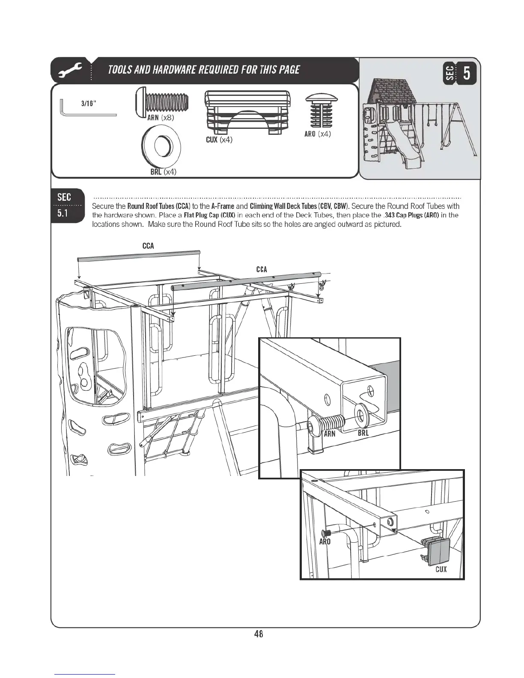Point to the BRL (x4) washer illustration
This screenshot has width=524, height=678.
(x=161, y=147)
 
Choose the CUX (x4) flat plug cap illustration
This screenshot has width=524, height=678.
(x=247, y=113)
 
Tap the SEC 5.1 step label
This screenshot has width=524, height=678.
(x=64, y=205)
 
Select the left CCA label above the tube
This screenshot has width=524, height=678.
(x=148, y=246)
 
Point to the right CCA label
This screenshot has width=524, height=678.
(x=262, y=269)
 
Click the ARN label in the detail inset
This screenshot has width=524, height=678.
(x=329, y=433)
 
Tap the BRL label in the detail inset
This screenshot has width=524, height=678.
(x=363, y=433)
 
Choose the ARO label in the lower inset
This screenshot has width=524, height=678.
(x=325, y=541)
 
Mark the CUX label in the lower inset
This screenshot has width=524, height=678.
(x=441, y=569)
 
